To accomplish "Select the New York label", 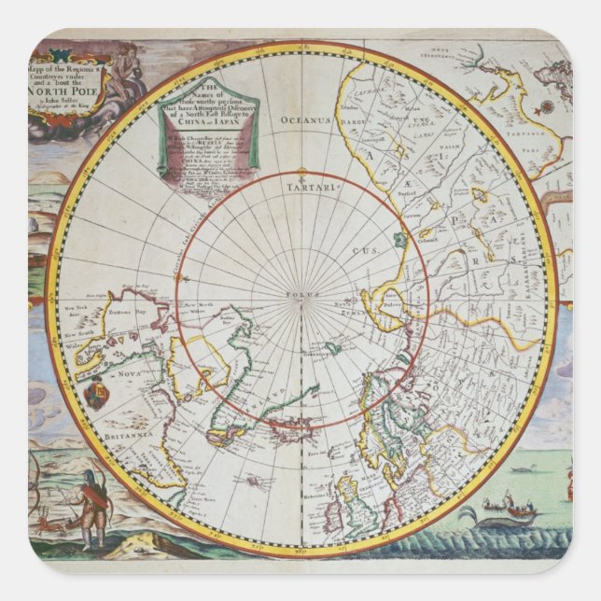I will (74, 309).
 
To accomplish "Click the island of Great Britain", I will (365, 504).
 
